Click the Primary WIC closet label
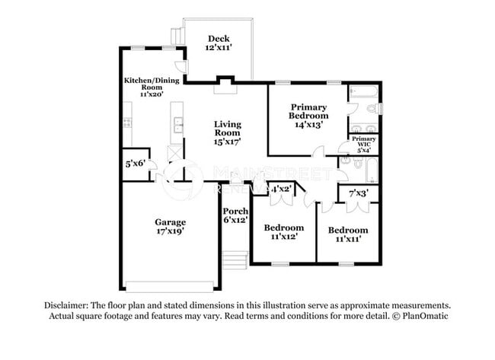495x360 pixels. click(363, 145)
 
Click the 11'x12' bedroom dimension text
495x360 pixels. click(283, 237)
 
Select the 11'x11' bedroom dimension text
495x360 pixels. click(348, 239)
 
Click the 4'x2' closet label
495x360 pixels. click(280, 189)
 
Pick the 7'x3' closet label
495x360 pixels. click(357, 193)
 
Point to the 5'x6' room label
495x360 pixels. click(136, 164)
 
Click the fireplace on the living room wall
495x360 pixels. click(224, 83)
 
